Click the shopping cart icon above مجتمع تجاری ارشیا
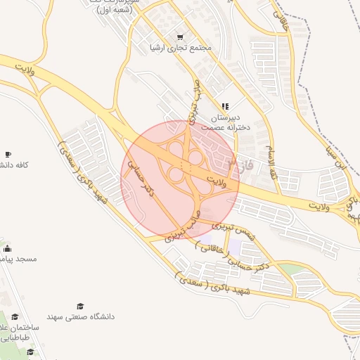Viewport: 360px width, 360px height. [x=181, y=37]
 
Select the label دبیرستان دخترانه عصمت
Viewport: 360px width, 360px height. [x=224, y=123]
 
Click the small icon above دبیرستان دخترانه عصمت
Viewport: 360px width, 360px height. [x=225, y=106]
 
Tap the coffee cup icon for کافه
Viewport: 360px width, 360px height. [x=8, y=154]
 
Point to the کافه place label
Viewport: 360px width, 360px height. [x=15, y=165]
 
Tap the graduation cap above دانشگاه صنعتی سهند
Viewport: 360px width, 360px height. [x=80, y=306]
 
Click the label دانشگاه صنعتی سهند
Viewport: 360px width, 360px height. [x=80, y=317]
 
